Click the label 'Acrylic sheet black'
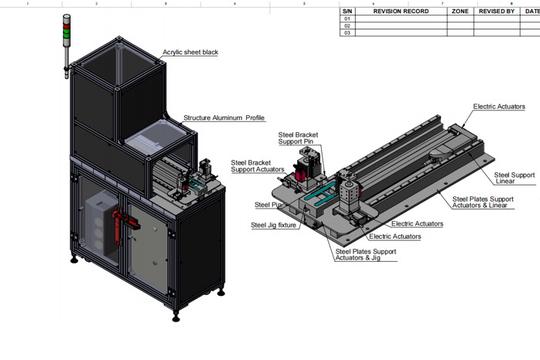pyautogui.click(x=192, y=51)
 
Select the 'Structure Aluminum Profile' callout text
pyautogui.click(x=223, y=118)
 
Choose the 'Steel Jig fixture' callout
pyautogui.click(x=272, y=225)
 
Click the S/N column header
pyautogui.click(x=348, y=10)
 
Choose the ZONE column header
pyautogui.click(x=460, y=10)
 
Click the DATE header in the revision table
pyautogui.click(x=531, y=10)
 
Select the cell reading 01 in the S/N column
pyautogui.click(x=348, y=18)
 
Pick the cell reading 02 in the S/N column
pyautogui.click(x=348, y=26)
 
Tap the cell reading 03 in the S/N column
pyautogui.click(x=348, y=33)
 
